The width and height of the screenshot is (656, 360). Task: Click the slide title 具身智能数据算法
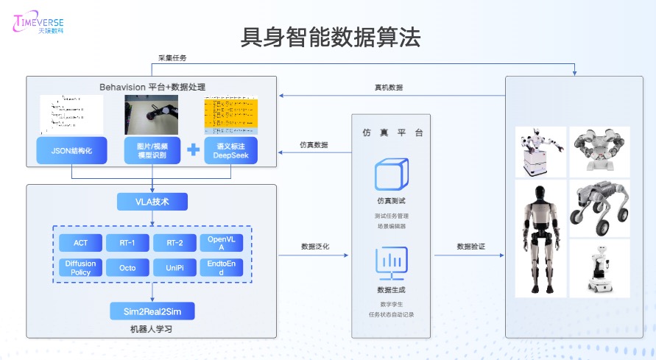[x=331, y=38]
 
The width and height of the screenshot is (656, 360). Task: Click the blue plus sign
[x=193, y=150]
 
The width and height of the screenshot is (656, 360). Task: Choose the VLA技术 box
[x=152, y=201]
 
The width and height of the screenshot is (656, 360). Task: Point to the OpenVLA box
[x=220, y=243]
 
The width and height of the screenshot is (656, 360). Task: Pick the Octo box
[x=127, y=267]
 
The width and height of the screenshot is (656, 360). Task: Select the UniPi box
[x=174, y=267]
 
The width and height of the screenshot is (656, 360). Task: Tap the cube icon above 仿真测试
[x=391, y=174]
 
